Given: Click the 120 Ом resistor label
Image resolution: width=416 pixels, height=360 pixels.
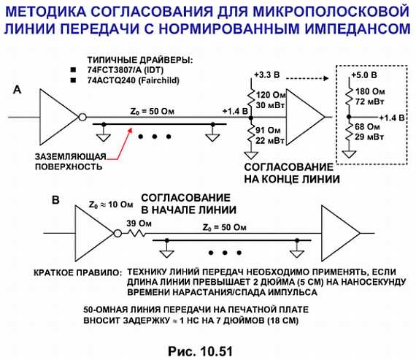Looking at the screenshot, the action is coord(271,95).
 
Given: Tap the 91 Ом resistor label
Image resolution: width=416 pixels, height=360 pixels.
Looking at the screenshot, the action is coord(268,131).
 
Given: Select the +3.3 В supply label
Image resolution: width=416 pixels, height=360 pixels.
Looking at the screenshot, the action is coord(267,75).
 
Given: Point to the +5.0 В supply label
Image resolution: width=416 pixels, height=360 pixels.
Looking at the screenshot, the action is coord(364,75).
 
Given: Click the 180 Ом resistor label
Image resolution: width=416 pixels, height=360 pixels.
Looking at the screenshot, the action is coord(370,91).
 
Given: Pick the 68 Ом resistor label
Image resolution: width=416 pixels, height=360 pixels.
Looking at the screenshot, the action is coord(367,127).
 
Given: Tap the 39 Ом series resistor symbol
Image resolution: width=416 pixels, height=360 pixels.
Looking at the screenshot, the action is coord(136,234).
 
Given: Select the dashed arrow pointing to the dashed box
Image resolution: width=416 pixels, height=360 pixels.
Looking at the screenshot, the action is coord(307,78).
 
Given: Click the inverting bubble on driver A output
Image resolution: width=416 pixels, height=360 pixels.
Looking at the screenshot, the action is coord(82,117).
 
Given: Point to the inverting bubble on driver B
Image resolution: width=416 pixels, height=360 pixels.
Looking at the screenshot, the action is coord(118,234).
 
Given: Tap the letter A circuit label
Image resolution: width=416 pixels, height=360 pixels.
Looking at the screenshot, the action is coord(18,90).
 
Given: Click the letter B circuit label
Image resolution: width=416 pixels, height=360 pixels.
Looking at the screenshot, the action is coord(55,200).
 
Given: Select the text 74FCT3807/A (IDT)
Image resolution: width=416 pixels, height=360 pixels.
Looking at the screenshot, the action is coord(126,70).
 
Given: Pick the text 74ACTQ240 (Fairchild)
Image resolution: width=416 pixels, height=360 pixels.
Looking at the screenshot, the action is coord(133,80).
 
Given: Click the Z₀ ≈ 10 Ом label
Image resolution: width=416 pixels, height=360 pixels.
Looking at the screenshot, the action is coord(111,204).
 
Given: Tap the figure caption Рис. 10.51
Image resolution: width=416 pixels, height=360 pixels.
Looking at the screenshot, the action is coord(200,351).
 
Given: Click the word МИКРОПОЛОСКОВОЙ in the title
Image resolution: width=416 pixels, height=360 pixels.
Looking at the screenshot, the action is coord(331,12).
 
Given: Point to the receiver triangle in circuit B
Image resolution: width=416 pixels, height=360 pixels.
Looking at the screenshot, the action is coord(341,234).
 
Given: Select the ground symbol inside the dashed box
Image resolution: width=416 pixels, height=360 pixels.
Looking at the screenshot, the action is coord(349,154).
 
